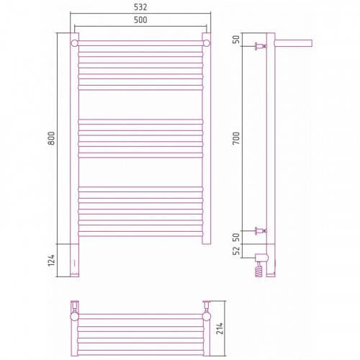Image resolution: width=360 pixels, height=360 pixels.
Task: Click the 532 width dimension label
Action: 140,7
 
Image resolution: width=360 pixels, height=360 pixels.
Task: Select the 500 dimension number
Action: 140,20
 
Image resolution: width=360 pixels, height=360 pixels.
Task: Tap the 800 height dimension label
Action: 51,138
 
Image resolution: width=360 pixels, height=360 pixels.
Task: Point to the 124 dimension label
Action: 51,260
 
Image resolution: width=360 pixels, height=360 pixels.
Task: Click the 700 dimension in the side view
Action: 236,138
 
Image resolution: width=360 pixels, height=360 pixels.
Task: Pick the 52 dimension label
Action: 236,251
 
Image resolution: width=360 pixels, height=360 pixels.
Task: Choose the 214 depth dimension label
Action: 220,328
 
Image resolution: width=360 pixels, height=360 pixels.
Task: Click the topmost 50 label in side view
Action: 236,40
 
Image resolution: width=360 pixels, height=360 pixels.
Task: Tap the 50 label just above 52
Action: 236,238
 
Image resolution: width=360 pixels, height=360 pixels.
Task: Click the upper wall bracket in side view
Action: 261,46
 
